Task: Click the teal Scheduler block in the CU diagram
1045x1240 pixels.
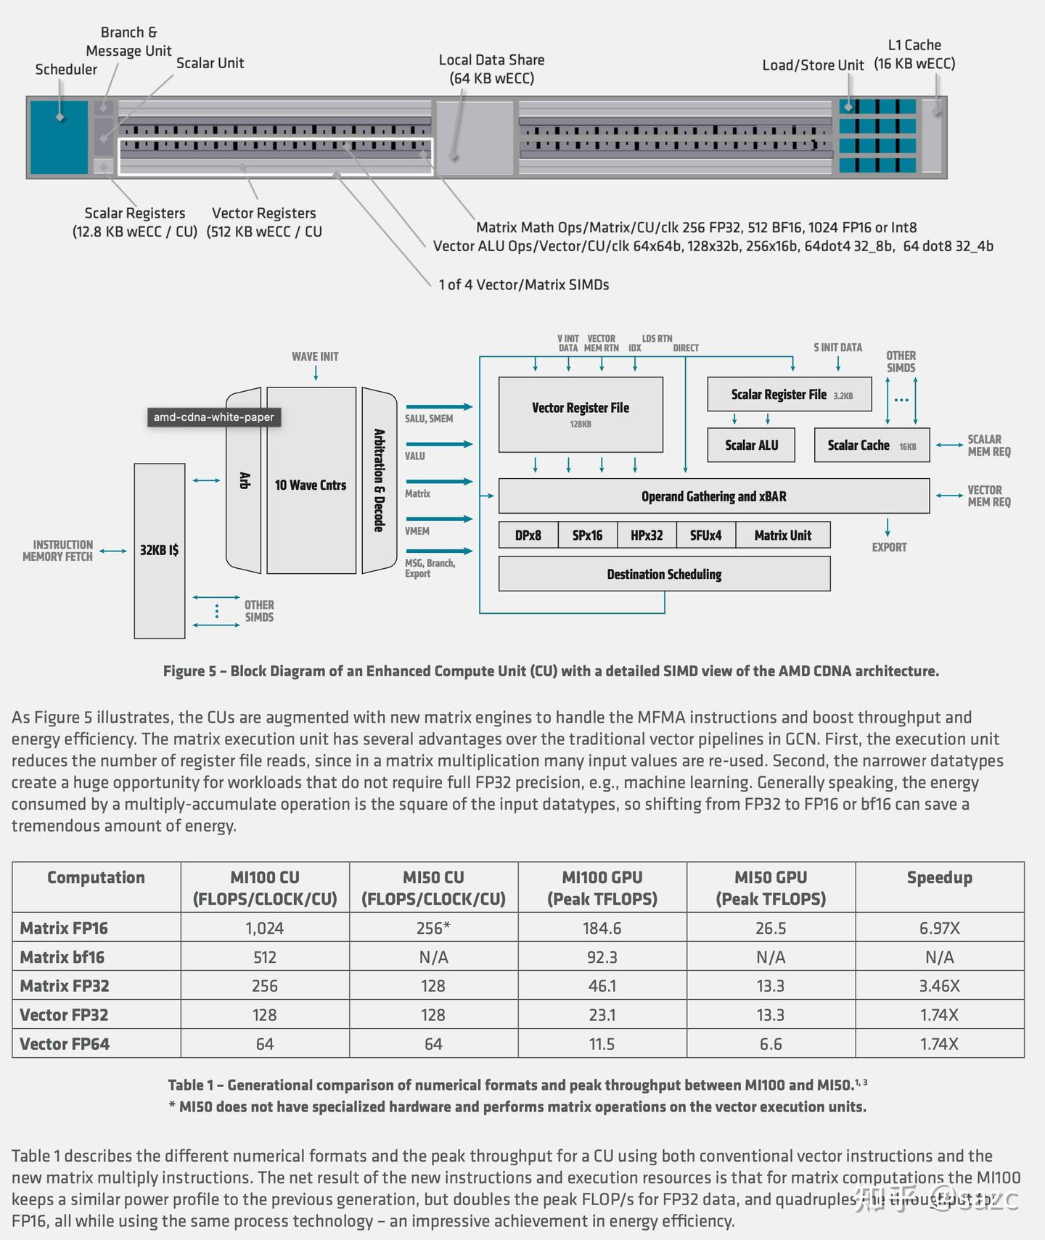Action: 59,137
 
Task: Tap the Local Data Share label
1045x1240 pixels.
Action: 491,69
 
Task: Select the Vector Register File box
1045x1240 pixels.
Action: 581,414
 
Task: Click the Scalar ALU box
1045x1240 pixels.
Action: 751,445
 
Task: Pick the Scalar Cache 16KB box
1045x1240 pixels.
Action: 872,445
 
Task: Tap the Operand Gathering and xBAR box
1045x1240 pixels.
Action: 713,496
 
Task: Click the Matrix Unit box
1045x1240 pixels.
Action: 782,535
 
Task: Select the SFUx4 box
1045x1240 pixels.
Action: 705,535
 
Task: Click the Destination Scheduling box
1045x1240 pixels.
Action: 664,574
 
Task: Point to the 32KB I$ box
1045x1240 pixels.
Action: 160,551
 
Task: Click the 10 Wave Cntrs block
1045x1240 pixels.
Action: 311,485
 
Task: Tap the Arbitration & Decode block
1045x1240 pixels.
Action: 379,480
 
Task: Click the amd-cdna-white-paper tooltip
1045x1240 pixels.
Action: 214,417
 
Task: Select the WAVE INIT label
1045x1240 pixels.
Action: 315,356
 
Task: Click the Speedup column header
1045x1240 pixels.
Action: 939,877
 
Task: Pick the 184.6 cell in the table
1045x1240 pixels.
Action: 602,928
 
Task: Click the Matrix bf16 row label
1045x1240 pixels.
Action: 62,957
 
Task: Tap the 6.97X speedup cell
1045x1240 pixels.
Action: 939,928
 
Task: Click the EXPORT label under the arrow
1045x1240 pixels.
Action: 889,547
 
